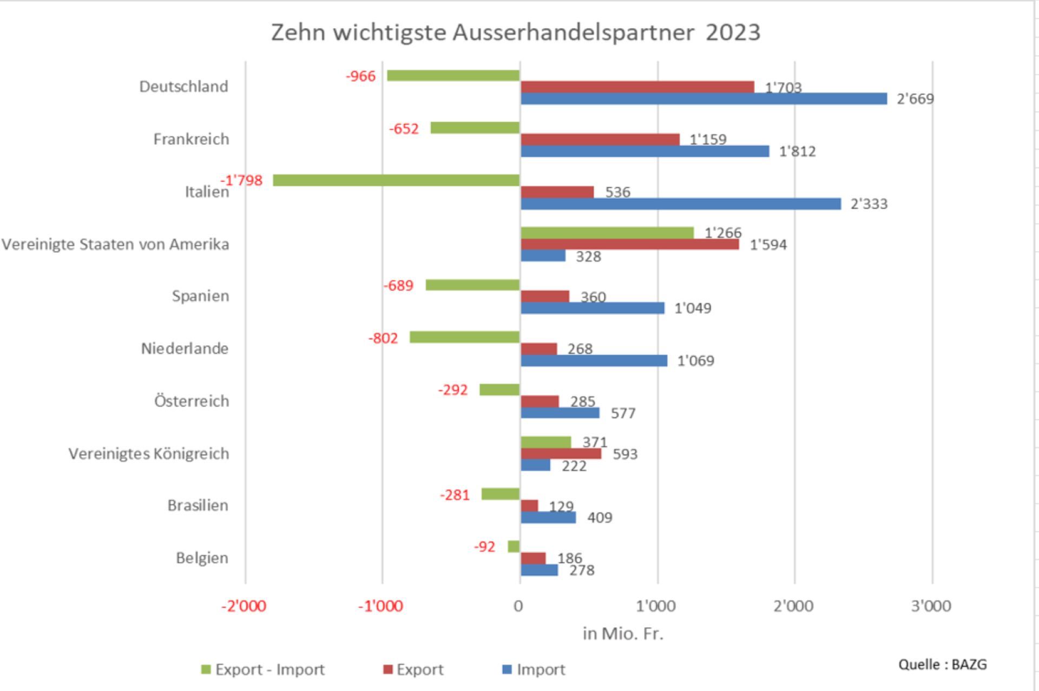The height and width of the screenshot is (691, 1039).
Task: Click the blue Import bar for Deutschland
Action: point(703,98)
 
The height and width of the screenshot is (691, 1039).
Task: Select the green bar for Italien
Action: point(396,180)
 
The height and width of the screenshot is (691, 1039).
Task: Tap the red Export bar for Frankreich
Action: point(600,140)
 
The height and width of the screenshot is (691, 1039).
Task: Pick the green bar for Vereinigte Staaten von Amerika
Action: point(607,233)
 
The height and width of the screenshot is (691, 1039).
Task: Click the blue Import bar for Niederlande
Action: point(594,360)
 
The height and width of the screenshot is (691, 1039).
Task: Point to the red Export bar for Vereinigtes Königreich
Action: point(561,453)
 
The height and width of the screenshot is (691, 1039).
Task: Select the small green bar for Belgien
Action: point(514,547)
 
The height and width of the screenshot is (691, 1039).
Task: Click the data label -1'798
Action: point(241,180)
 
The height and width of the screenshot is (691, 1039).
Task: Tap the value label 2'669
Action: point(915,99)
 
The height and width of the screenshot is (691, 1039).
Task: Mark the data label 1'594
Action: point(768,245)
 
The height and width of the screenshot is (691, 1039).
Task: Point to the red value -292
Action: point(452,390)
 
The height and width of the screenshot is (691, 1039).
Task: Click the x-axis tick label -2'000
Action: point(244,606)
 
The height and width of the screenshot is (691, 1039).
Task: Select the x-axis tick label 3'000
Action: point(931,606)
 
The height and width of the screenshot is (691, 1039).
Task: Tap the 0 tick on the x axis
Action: point(518,606)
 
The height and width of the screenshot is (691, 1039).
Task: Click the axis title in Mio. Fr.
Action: point(623,634)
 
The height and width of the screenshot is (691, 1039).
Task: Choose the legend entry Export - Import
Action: point(263,670)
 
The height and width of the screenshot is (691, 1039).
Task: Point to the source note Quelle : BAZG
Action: point(942,664)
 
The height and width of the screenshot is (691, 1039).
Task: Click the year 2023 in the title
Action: point(733,32)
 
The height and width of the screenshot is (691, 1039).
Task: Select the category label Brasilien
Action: point(198,505)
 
